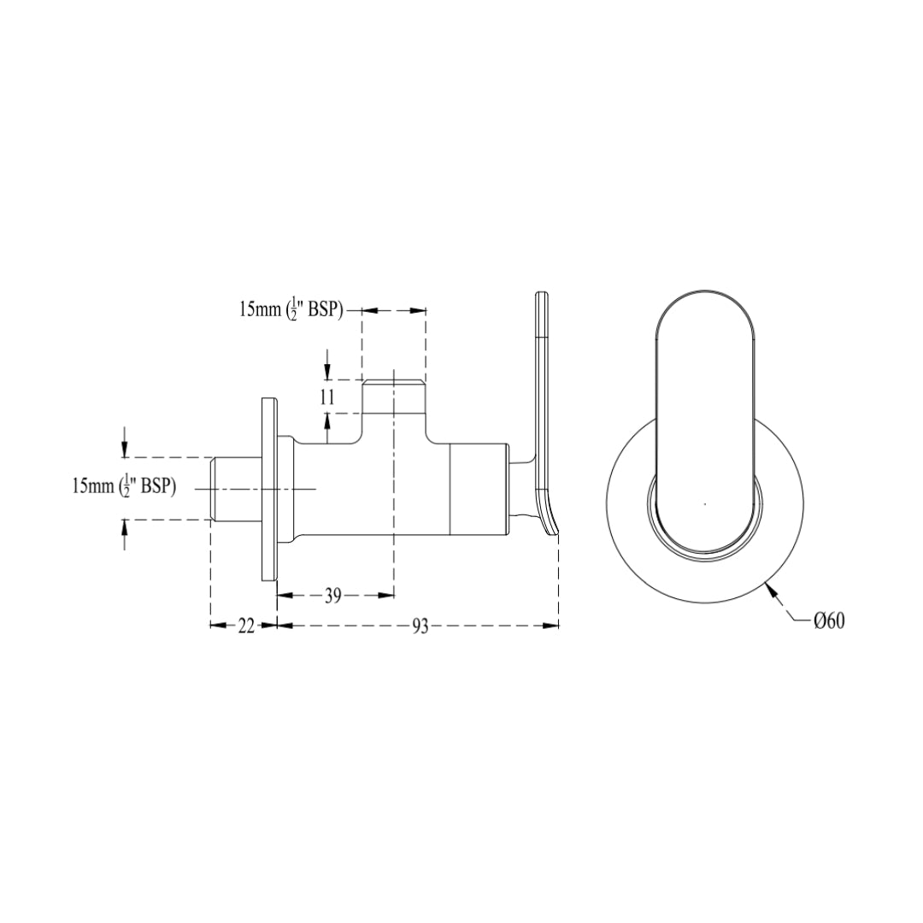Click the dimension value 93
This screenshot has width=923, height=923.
coord(420,626)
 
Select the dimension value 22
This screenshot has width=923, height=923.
coord(246,626)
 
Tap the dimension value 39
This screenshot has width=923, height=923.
coord(333,597)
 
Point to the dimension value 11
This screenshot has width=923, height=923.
coord(328,397)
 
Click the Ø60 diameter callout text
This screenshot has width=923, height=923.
coord(829,622)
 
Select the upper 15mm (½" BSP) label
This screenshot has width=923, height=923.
coord(291,310)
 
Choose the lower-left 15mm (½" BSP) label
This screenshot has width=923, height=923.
coord(124,486)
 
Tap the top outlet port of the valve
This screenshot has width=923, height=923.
coord(393,397)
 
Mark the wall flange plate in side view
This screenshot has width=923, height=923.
coord(268,489)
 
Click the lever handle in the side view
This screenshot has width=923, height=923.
coord(543,402)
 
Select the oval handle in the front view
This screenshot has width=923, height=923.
coord(706,419)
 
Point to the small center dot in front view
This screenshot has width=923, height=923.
coord(704,504)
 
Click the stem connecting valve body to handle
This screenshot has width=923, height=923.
coord(519,489)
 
